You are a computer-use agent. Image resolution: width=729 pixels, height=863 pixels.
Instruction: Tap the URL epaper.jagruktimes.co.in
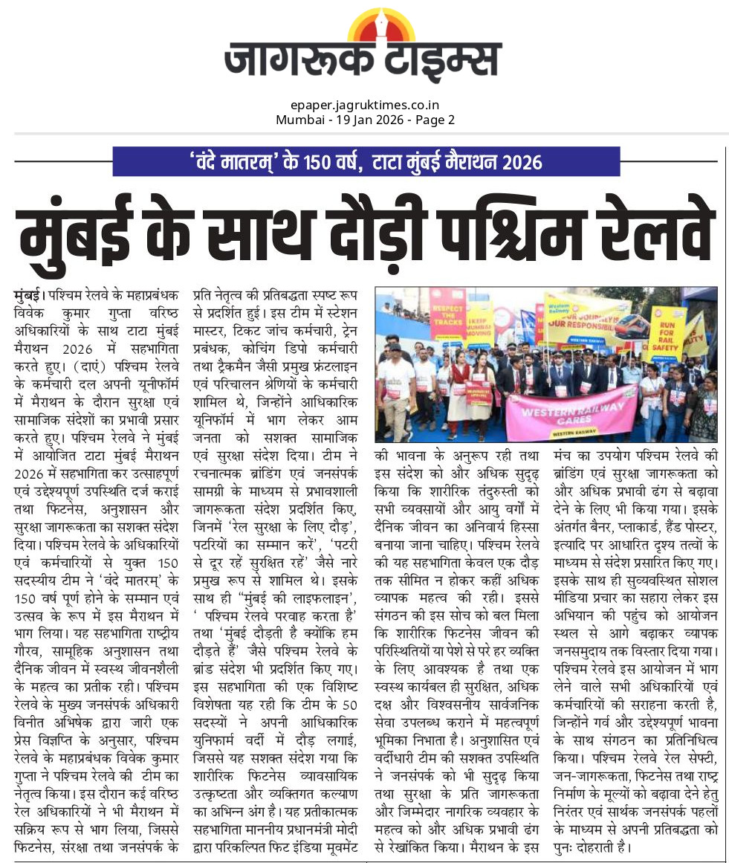click(x=365, y=106)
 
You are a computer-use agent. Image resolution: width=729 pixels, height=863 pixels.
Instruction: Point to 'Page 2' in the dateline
click(x=435, y=119)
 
